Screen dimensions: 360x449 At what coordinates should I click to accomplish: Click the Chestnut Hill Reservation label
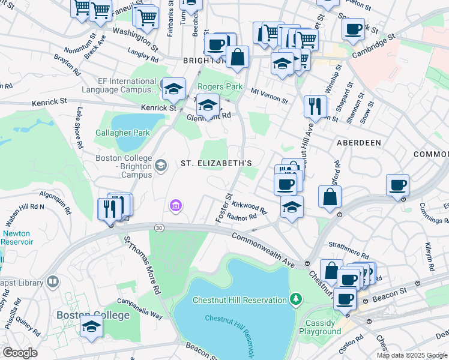click(240, 300)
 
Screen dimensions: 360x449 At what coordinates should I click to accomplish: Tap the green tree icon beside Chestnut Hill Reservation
click(295, 299)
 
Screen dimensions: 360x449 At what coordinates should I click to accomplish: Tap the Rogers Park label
click(220, 86)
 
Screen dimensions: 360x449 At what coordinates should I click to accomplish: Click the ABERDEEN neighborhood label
click(359, 143)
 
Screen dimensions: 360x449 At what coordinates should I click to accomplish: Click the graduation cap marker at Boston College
click(91, 326)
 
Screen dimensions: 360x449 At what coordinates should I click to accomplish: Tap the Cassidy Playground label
click(319, 327)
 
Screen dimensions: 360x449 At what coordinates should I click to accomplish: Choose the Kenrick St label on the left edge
click(46, 102)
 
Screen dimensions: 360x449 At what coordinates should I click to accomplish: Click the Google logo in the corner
click(20, 353)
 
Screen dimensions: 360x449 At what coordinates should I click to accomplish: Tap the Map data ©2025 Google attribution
click(412, 355)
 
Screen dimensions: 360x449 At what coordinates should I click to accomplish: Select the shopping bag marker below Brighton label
click(238, 58)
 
